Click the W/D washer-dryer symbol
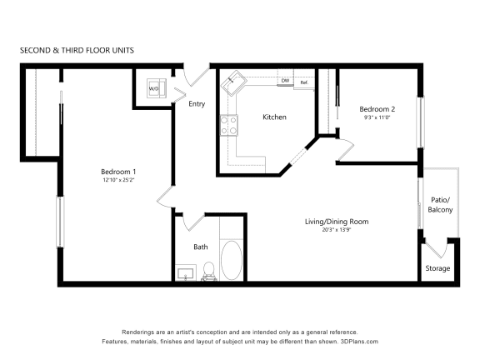[x=157, y=88]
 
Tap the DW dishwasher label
[x=285, y=81]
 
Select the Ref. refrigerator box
[x=304, y=82]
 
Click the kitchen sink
[x=234, y=83]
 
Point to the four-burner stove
[x=228, y=125]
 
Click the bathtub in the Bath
[x=232, y=260]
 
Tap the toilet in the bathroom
[x=209, y=271]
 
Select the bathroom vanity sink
[x=186, y=273]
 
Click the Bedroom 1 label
[x=118, y=172]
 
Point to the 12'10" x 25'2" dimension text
[x=119, y=180]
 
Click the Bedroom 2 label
[x=377, y=109]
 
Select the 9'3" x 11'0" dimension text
[x=377, y=117]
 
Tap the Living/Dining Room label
[x=337, y=222]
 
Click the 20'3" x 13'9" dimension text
[x=336, y=230]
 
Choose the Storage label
[x=437, y=268]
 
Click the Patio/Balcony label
[x=440, y=205]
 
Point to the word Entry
[x=197, y=104]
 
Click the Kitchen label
[x=275, y=117]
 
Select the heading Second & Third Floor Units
[x=77, y=50]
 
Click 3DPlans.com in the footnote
[x=359, y=342]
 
